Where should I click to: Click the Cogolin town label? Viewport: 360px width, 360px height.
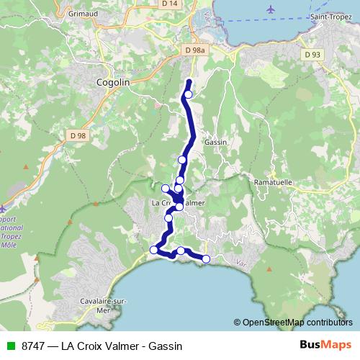112,83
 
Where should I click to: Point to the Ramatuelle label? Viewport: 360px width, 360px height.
273,183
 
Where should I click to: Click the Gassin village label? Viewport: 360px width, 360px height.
216,142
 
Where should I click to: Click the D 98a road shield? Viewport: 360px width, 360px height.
194,50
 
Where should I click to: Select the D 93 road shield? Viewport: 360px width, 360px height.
312,55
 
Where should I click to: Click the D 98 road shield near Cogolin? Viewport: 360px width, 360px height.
78,135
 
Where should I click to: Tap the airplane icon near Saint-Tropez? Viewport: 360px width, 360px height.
270,9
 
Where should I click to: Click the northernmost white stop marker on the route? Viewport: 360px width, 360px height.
189,94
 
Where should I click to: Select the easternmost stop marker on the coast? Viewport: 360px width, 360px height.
206,258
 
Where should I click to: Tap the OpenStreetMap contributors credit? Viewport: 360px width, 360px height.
297,323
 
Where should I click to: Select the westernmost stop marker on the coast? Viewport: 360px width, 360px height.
153,250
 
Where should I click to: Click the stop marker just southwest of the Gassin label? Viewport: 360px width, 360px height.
182,160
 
